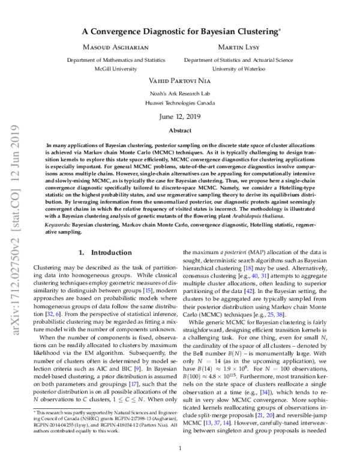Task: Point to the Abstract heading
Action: click(180, 130)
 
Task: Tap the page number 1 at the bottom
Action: click(180, 448)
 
